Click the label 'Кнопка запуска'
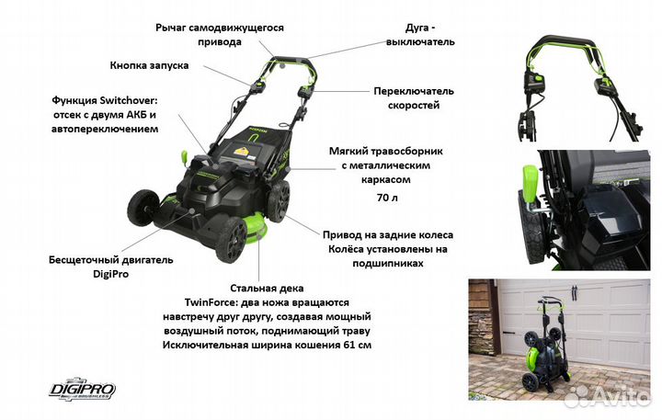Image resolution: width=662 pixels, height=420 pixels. click(150, 66)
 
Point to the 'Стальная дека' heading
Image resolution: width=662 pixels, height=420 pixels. click(269, 288)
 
